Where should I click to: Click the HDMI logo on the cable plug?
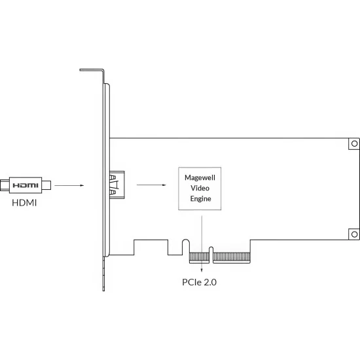point(26,185)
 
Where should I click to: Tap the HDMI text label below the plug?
point(24,203)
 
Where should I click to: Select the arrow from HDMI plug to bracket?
point(69,185)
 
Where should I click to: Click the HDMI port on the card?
point(117,185)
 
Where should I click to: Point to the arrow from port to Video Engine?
point(151,185)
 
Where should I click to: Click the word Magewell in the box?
point(200,177)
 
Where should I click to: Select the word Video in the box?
point(200,188)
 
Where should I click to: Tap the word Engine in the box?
point(200,198)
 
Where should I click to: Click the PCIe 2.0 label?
point(199,282)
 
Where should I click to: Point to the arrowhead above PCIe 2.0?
point(202,270)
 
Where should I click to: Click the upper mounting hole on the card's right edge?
point(354,143)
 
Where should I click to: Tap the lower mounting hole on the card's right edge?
point(354,234)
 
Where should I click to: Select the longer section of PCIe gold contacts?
point(232,257)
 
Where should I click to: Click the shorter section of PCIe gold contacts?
point(199,257)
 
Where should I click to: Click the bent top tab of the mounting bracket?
point(92,70)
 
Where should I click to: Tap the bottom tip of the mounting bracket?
point(103,290)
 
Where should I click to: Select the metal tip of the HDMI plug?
point(46,185)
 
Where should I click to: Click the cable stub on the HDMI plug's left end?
point(5,185)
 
